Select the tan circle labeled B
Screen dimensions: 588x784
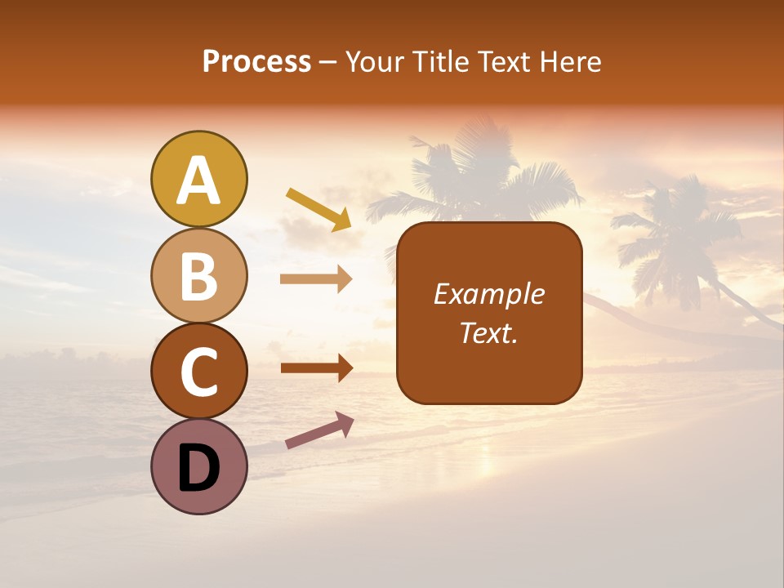[x=199, y=275]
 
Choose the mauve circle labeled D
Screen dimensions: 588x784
[x=199, y=466]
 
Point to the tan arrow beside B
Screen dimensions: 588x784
[x=316, y=279]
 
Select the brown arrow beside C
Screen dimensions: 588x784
[x=316, y=368]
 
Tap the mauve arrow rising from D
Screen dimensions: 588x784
[x=319, y=430]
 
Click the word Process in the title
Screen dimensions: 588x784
[x=256, y=61]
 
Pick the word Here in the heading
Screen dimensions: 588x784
[x=572, y=61]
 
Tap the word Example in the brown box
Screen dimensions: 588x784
[x=489, y=294]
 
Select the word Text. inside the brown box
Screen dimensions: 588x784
[x=489, y=332]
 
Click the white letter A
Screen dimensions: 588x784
[x=199, y=180]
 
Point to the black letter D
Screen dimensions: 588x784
[x=199, y=469]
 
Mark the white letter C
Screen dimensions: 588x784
[x=199, y=372]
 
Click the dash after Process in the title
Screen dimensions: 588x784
[x=328, y=63]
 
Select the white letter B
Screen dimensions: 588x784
[x=199, y=276]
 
